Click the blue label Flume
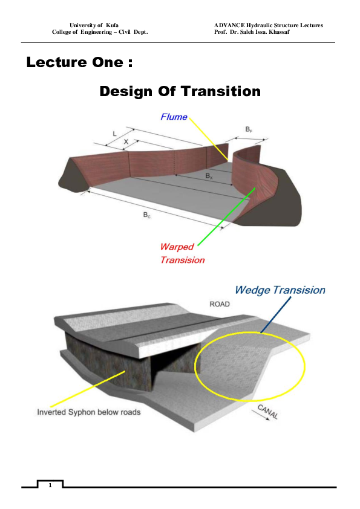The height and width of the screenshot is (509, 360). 174,117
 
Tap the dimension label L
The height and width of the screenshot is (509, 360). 115,132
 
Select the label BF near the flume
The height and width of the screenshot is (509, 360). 249,129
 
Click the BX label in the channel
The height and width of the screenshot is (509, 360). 209,176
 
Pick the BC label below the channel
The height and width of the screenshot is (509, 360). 146,215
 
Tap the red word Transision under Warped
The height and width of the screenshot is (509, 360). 182,260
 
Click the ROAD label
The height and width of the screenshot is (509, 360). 220,304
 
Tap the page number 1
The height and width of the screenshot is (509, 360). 50,485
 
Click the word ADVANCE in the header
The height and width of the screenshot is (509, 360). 230,25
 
